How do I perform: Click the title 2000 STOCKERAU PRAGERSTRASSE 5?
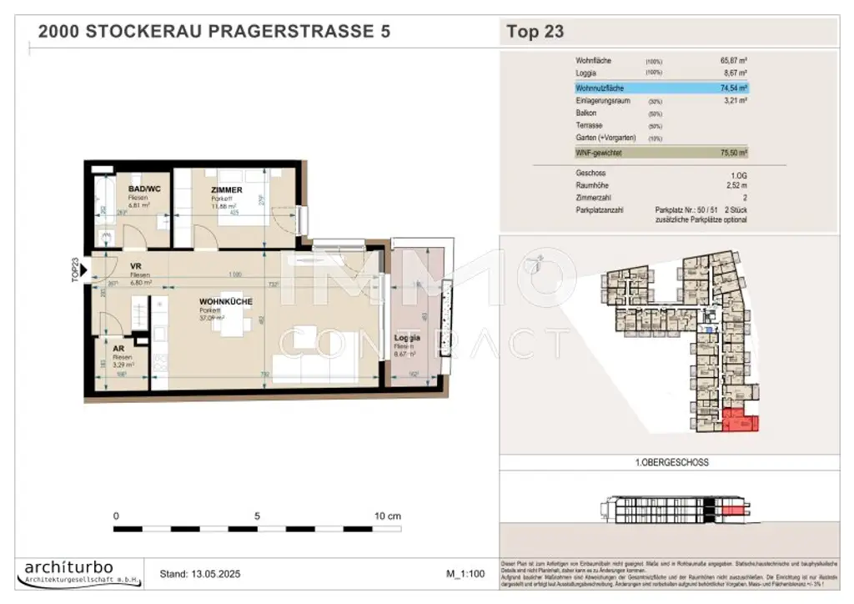[214, 33]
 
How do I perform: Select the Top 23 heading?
[535, 33]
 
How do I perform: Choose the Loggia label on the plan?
[407, 339]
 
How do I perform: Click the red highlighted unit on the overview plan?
[740, 421]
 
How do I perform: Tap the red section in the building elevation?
[731, 509]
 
